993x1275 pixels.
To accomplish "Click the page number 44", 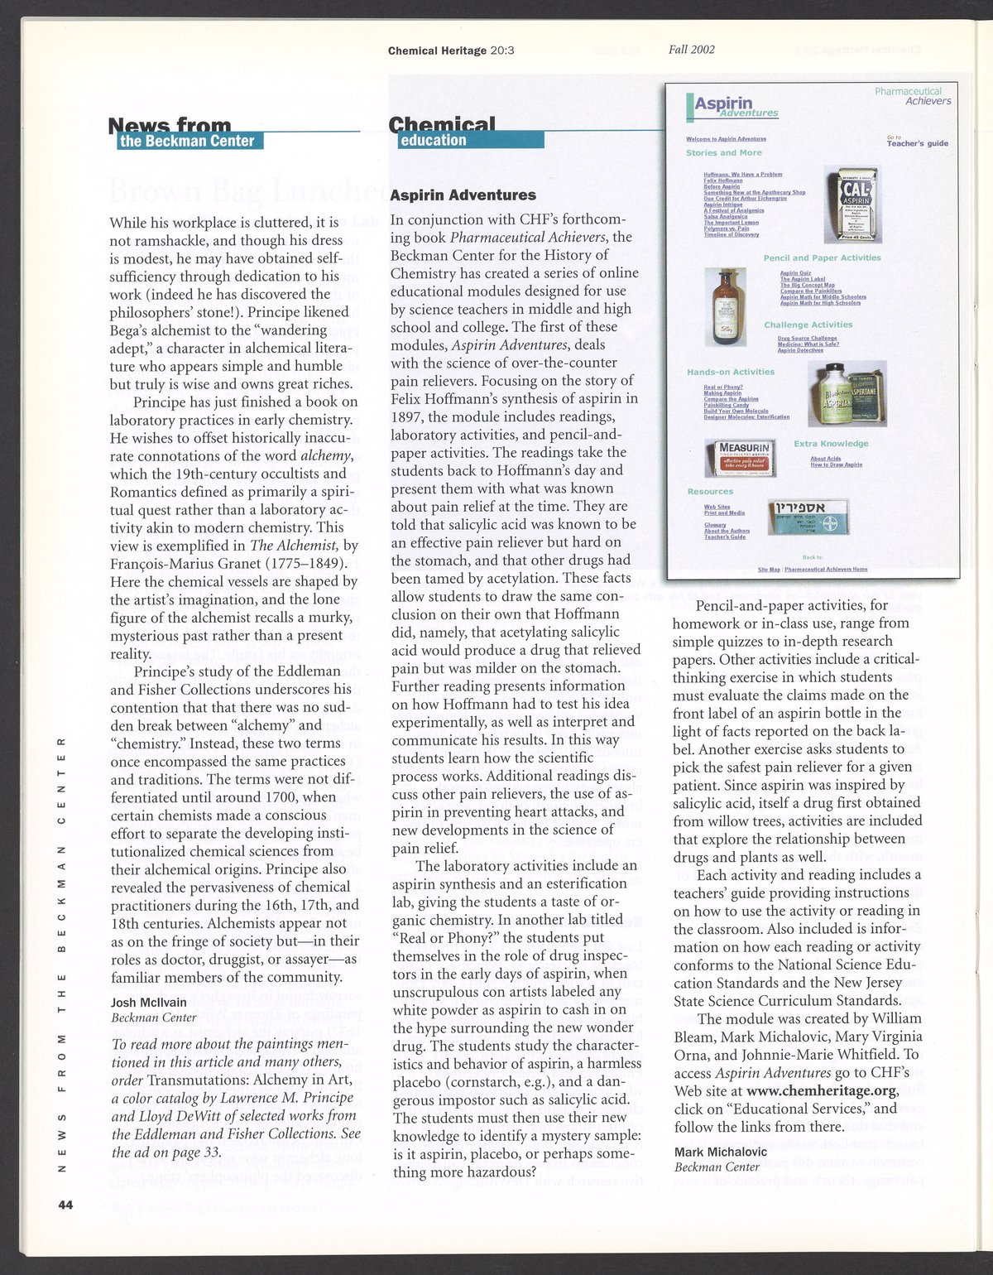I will point(66,1205).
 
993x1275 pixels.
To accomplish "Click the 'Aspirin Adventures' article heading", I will point(463,195).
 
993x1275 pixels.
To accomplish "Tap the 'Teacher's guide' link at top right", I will point(917,143).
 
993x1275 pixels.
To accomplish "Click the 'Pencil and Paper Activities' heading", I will point(822,257).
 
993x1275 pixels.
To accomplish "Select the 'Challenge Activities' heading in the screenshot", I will point(808,325).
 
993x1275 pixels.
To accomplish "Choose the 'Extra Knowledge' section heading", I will point(831,443).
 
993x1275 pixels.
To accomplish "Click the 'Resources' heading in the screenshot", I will point(710,492).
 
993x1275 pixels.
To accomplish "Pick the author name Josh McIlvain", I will point(149,1002).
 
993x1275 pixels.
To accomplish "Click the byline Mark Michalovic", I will point(720,1152).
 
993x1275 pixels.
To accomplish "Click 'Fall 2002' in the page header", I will point(692,49).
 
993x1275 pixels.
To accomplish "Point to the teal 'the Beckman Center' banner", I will point(187,141).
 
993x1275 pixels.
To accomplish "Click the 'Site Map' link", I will point(769,570).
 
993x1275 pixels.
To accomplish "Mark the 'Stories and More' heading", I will point(723,153).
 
